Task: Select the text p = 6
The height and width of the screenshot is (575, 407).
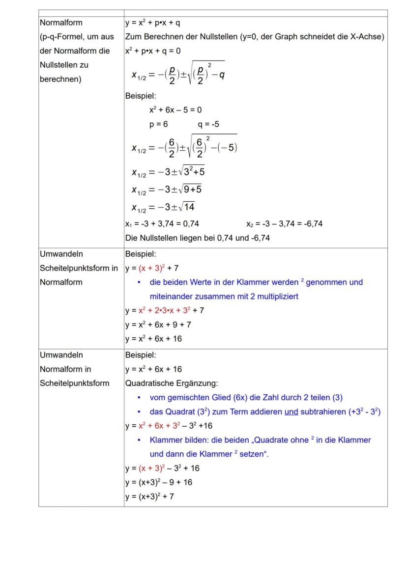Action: click(x=159, y=124)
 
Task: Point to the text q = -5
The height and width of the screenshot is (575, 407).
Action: click(x=208, y=124)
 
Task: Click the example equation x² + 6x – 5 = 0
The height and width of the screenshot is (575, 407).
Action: click(x=175, y=110)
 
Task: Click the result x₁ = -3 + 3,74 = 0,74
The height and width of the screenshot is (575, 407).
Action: click(x=162, y=224)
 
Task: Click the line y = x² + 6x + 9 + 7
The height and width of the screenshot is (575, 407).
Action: click(x=158, y=325)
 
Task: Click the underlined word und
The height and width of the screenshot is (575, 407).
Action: click(x=291, y=411)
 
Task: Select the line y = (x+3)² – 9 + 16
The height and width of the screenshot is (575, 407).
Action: click(x=158, y=482)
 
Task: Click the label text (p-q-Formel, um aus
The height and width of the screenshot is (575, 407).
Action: click(x=77, y=36)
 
